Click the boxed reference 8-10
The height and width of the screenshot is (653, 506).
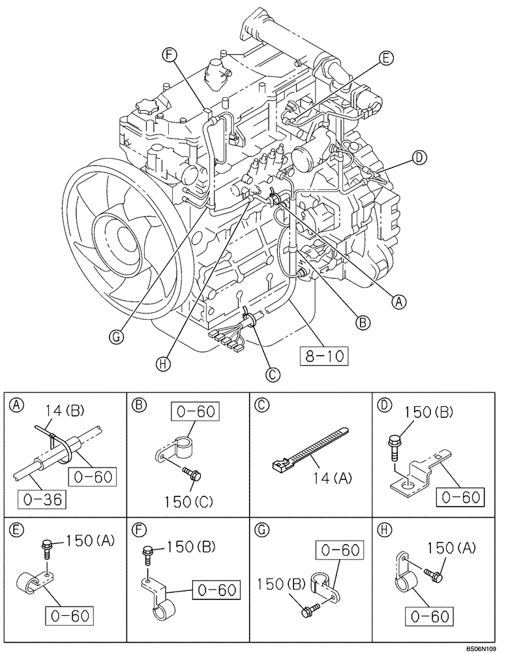(x=323, y=356)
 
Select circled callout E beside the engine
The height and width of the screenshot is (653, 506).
(x=385, y=58)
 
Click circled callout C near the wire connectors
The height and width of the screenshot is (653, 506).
(x=273, y=374)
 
